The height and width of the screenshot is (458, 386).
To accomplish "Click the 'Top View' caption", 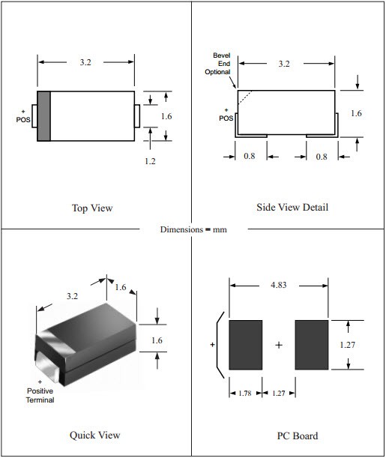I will coord(92,208).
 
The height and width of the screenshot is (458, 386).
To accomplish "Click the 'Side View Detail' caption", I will coord(292,207).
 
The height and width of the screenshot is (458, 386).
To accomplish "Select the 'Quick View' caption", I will coord(94,435).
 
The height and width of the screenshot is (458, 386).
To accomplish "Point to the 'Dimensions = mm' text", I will coord(193,229).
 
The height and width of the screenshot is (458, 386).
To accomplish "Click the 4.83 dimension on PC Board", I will coord(280,285).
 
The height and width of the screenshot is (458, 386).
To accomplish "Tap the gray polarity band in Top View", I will coord(43,115).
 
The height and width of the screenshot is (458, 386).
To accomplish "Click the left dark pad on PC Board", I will coord(245,346).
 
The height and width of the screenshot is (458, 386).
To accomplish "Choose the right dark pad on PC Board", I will coord(312,346).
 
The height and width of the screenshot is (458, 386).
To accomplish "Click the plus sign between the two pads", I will coord(279,346).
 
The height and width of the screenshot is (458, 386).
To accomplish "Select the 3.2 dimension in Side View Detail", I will coord(284,64).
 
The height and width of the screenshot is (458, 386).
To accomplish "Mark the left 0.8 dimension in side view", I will coord(250,157).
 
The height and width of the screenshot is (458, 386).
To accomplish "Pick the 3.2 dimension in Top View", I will coord(87,63).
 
